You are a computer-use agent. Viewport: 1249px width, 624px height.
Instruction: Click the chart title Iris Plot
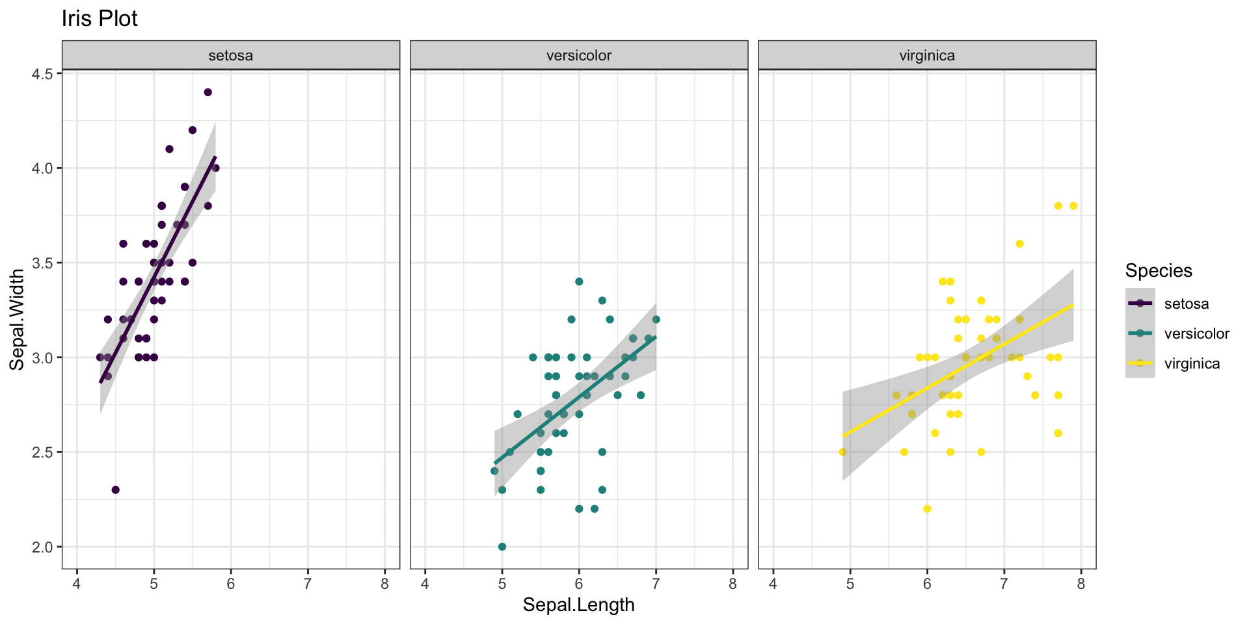click(x=100, y=19)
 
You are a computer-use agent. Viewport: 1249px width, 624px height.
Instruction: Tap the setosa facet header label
click(x=230, y=55)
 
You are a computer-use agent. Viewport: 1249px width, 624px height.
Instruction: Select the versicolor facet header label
click(x=579, y=55)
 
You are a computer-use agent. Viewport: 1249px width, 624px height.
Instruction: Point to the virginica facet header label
click(x=927, y=55)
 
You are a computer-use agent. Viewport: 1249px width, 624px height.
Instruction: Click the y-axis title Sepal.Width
click(x=17, y=320)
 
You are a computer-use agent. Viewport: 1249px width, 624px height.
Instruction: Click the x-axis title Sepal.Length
click(x=578, y=605)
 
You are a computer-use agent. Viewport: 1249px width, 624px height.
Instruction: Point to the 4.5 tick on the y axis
click(x=42, y=73)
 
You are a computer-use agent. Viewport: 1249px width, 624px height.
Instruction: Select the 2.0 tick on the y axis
click(x=42, y=547)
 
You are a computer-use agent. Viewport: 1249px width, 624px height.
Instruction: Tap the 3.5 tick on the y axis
click(x=42, y=263)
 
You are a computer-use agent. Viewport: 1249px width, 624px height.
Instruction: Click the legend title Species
click(x=1159, y=270)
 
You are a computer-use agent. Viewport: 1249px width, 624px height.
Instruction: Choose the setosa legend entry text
click(x=1187, y=304)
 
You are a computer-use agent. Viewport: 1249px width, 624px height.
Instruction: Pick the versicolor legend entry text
click(x=1197, y=333)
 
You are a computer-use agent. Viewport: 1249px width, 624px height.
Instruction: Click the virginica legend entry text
click(x=1192, y=363)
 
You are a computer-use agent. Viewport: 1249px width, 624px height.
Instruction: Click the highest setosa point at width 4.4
click(x=208, y=92)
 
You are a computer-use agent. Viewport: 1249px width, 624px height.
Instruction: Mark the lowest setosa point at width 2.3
click(x=115, y=490)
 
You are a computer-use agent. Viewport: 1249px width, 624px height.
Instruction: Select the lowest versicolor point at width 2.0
click(x=502, y=547)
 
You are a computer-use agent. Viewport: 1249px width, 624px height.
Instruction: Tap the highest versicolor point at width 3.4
click(x=579, y=281)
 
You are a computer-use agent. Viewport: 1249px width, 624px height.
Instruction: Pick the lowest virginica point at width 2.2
click(x=927, y=509)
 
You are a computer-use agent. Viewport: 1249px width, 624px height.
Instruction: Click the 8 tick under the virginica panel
click(x=1081, y=584)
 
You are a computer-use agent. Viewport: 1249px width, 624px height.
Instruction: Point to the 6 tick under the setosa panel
click(x=231, y=584)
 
